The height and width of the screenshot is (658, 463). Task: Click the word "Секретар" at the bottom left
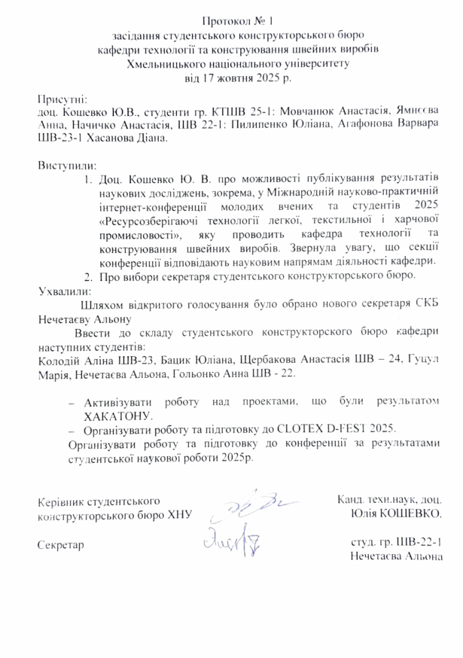pos(60,544)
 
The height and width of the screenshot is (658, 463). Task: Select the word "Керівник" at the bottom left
pos(60,500)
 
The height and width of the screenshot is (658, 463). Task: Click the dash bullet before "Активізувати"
pos(72,401)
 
